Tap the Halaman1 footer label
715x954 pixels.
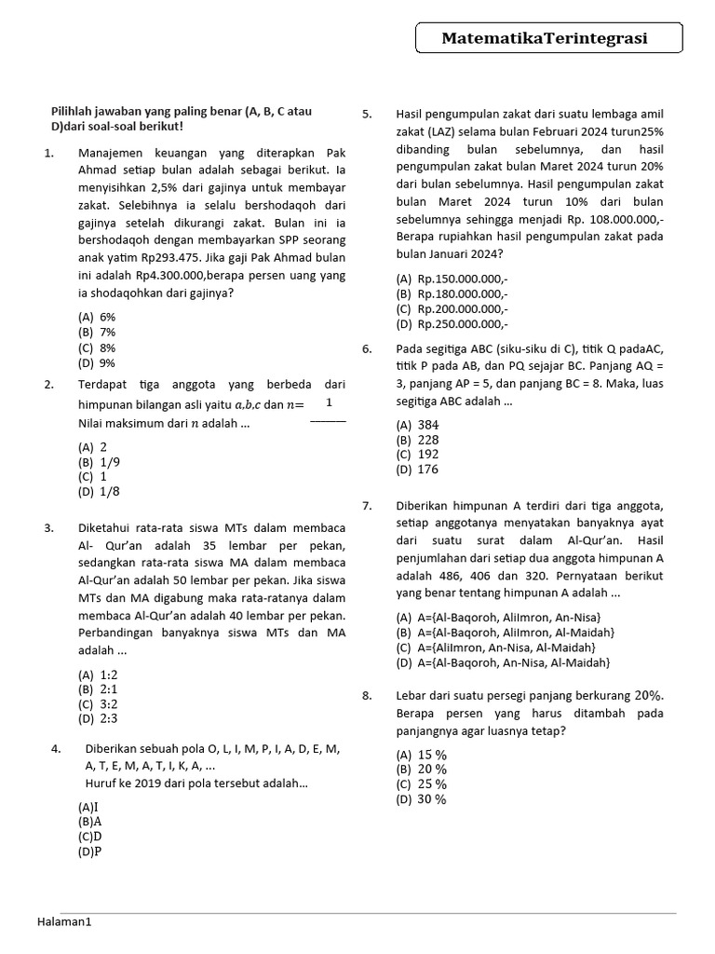(65, 921)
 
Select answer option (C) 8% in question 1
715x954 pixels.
(97, 348)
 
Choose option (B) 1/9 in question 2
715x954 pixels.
(99, 461)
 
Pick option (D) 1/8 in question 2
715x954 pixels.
(99, 491)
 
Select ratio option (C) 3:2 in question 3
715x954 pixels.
(98, 704)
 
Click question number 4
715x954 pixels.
(56, 748)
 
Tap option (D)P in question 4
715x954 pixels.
(90, 851)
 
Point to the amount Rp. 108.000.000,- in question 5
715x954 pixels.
(610, 219)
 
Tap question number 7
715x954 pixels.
(367, 505)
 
